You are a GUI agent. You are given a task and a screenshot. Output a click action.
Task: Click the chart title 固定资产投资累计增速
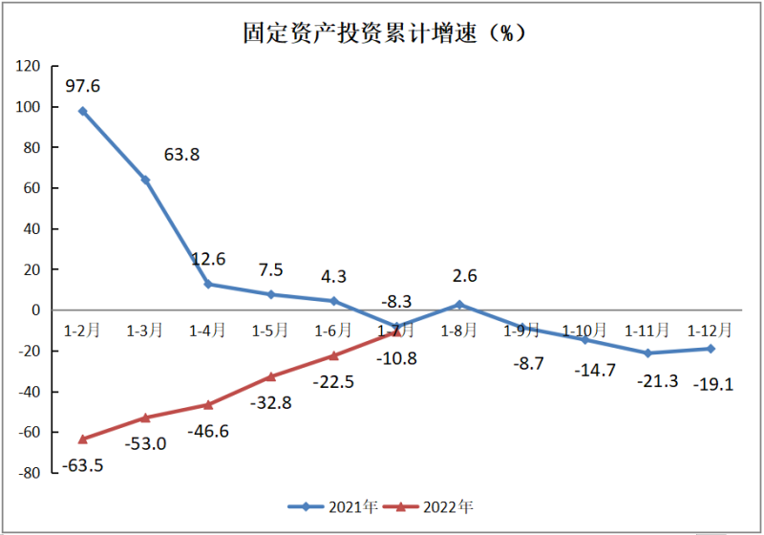[x=382, y=33]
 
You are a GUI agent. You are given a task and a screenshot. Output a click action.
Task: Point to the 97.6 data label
[x=83, y=86]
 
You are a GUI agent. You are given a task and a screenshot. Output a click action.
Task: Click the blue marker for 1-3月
[x=146, y=180]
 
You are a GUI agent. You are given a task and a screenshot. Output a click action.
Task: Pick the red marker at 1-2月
[x=83, y=439]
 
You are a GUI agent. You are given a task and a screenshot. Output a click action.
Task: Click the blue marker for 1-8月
[x=459, y=305]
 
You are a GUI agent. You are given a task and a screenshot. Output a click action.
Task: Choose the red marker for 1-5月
[x=271, y=376]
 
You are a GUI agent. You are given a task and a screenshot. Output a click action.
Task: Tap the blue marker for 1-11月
[x=648, y=353]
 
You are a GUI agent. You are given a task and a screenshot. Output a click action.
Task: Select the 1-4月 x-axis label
[x=208, y=331]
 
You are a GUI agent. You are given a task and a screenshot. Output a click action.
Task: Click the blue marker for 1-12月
[x=711, y=349]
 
